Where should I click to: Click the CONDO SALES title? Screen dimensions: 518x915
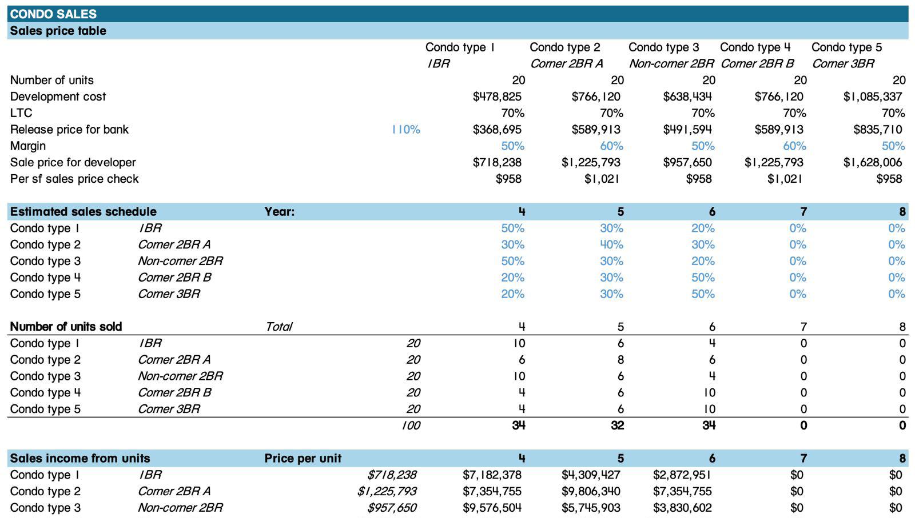53,14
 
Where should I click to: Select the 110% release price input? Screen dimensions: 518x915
405,130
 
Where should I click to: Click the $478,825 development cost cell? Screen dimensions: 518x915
497,97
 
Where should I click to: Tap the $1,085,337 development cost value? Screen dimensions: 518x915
873,97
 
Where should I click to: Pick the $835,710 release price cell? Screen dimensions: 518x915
877,130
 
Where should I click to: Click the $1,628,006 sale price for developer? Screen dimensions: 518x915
873,162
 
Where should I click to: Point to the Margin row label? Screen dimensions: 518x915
28,146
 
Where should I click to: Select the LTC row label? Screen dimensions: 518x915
21,113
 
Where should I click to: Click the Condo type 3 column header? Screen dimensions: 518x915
663,47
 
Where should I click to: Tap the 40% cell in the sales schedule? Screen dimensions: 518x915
611,244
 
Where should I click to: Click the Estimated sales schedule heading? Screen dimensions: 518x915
83,211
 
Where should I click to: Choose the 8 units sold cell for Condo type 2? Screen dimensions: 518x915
620,360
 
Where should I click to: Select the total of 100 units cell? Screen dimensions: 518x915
411,425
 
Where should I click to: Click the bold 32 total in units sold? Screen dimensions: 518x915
617,425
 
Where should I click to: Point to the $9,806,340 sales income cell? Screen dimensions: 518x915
591,491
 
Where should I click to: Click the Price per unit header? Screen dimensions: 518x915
303,458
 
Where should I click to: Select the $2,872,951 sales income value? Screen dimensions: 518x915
682,475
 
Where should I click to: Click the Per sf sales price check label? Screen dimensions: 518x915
74,179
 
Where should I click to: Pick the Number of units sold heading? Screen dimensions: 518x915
66,327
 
